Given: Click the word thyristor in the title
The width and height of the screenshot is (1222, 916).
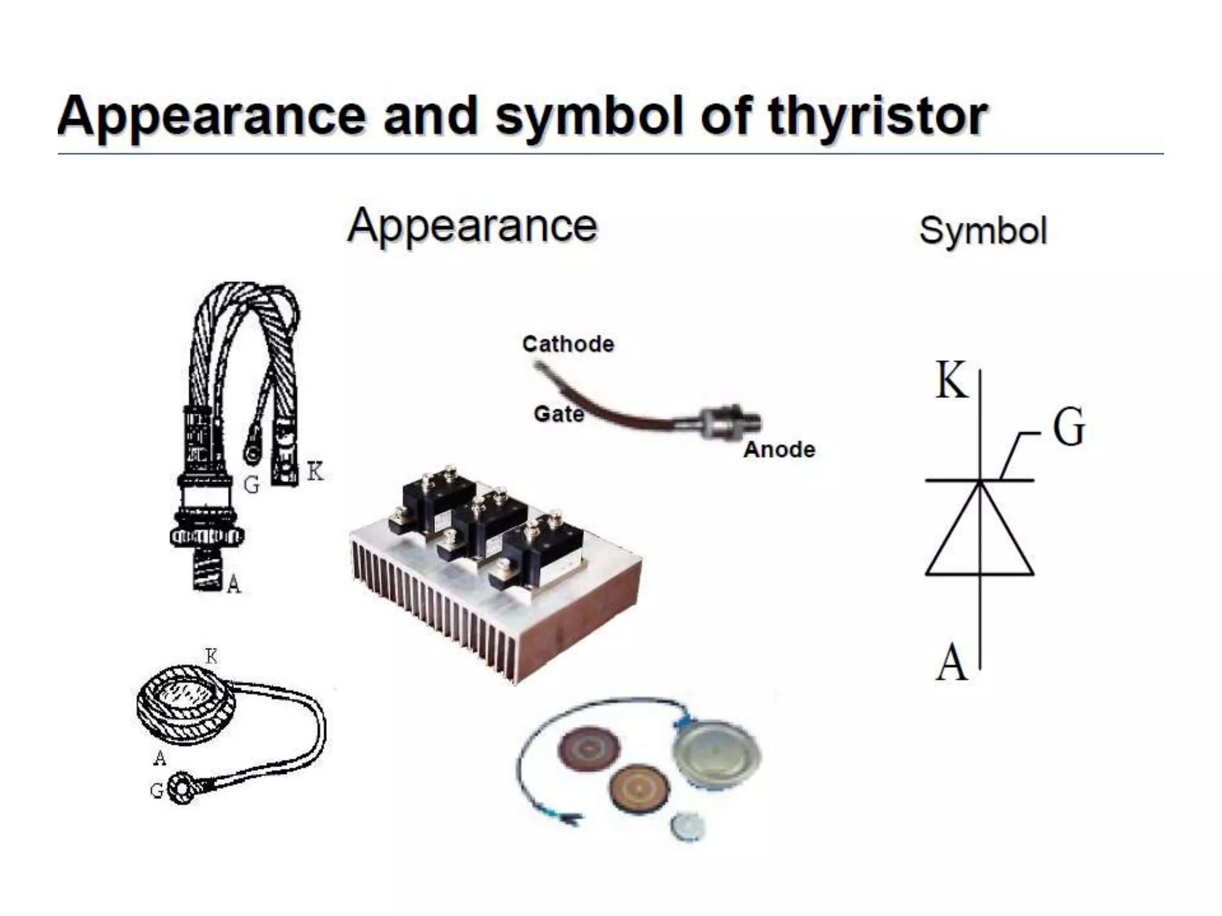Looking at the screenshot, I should point(877,116).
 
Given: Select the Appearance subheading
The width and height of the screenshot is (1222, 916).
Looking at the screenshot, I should point(472,226).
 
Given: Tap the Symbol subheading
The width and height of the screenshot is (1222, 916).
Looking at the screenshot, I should point(983,231).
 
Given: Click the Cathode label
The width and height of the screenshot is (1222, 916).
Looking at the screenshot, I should point(567,344).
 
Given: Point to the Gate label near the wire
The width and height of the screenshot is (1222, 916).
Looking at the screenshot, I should point(558,414).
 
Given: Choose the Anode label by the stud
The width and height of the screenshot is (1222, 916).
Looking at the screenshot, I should point(779,450).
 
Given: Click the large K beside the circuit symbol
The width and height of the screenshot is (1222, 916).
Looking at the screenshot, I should point(951,380).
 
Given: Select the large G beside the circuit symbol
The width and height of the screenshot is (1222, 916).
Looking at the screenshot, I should point(1068,427).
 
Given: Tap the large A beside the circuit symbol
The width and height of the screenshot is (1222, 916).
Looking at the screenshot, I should point(951,663).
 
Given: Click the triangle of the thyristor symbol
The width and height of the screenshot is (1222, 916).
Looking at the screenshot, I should point(979,537).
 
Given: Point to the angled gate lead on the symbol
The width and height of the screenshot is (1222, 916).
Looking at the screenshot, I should point(1014,453).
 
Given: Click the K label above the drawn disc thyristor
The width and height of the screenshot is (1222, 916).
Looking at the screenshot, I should point(211,657).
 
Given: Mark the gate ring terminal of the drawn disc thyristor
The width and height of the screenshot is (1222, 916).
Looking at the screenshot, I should point(180,789).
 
